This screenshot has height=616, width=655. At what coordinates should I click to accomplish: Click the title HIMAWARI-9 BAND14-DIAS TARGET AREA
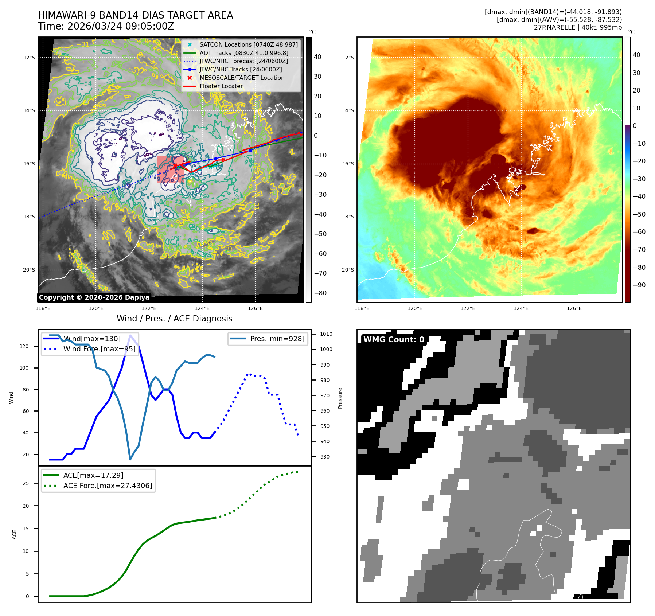coord(135,15)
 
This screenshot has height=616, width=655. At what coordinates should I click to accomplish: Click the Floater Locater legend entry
coord(221,86)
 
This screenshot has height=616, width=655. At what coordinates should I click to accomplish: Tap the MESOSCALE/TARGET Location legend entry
coord(242,78)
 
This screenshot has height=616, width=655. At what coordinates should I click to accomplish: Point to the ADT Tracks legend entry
coord(243,53)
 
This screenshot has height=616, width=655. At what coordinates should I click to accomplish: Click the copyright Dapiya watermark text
coord(94,297)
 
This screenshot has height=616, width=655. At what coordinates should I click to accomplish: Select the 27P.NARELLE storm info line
coord(577,27)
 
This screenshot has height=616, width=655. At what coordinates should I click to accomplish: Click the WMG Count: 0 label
coord(394,340)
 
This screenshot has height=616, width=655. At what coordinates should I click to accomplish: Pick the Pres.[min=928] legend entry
coord(277,339)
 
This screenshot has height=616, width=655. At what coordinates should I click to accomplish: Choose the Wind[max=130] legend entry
coord(92,339)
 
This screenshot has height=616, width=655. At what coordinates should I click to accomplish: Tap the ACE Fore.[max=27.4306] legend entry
coord(108,486)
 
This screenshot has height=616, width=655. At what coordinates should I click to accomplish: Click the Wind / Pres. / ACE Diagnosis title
coord(174,319)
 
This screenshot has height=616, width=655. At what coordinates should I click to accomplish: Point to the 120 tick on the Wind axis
coord(24,346)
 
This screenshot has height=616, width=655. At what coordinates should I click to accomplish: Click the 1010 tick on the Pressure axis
coord(326,334)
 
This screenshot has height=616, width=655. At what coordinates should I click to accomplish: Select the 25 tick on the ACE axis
coord(26,483)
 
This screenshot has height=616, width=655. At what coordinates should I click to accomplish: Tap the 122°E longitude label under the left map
coord(149,308)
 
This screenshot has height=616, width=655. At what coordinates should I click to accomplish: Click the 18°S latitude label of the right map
coord(348,217)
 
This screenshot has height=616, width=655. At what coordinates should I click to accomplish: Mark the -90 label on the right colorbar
coord(639,285)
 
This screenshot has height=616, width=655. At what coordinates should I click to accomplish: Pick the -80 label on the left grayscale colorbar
coord(320,293)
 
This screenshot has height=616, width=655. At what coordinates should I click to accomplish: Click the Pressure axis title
coord(340,398)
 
